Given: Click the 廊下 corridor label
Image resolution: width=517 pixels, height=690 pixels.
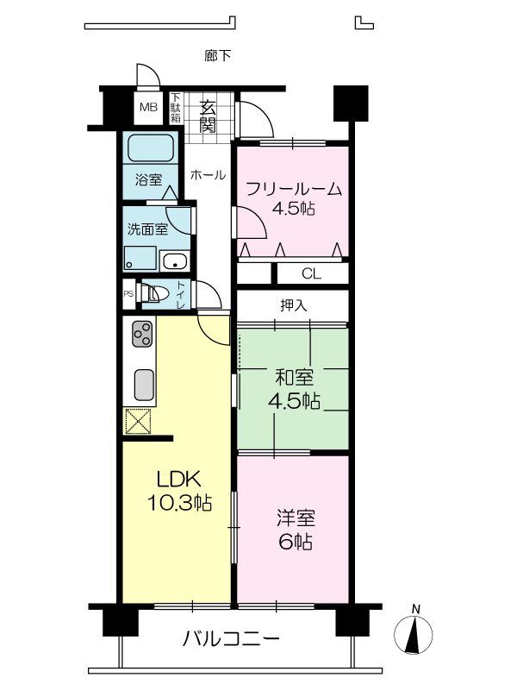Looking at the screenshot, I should point(217,56).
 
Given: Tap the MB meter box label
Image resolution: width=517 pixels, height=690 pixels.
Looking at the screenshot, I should point(149,108).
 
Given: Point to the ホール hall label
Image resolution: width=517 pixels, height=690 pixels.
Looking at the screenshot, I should point(208,174).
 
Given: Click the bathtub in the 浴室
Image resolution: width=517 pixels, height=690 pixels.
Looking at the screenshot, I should point(151,148).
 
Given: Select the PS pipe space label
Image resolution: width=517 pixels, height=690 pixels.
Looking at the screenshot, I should point(128,294).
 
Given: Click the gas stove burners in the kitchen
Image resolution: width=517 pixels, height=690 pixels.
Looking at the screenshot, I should point(142,332).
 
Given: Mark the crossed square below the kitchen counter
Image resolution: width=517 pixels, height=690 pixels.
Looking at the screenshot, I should point(137,422).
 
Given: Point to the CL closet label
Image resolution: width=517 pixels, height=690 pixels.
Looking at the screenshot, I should point(311,273).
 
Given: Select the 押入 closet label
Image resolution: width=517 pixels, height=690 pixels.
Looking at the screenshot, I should point(293,304).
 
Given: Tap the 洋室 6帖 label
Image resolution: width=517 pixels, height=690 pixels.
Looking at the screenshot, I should point(295,530).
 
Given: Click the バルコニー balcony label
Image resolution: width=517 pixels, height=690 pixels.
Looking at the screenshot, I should point(231,640).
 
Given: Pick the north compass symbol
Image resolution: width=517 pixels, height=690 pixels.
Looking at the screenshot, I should point(415,635).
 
